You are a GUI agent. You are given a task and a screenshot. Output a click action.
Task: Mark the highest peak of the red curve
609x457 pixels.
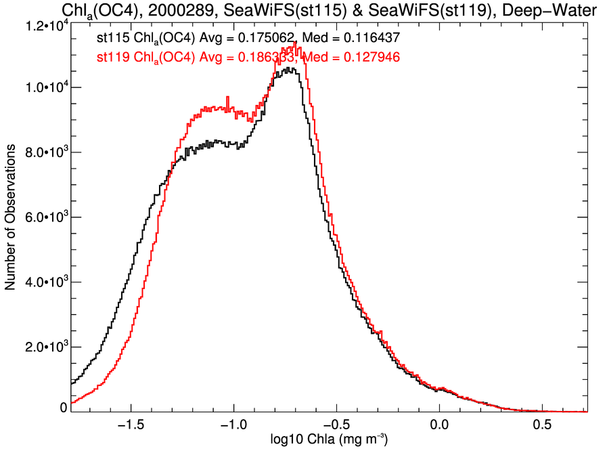click(x=296, y=43)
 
